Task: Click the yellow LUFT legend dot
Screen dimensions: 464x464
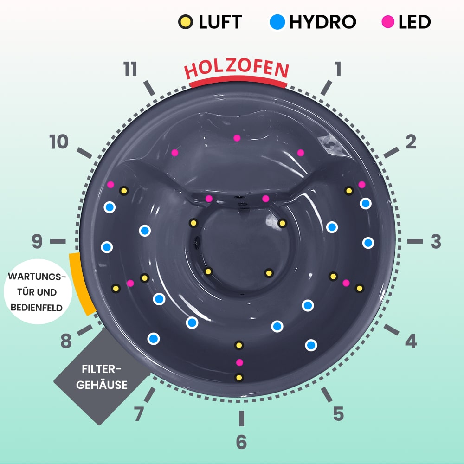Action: (x=186, y=22)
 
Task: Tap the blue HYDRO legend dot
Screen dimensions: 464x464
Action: (x=277, y=22)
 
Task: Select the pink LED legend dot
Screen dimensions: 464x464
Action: (x=388, y=22)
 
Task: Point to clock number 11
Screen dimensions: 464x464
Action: (x=130, y=69)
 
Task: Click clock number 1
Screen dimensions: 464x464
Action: (x=338, y=69)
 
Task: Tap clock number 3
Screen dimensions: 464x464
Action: (x=436, y=241)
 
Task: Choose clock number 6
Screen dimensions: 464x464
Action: (x=241, y=442)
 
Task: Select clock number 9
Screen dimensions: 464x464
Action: (x=37, y=241)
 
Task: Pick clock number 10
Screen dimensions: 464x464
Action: (x=59, y=142)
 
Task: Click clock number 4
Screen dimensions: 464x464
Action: (x=411, y=341)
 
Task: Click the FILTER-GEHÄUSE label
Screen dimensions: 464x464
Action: (x=102, y=377)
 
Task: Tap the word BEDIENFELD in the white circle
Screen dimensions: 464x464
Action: (x=36, y=308)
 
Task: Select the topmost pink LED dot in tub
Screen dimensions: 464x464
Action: (x=237, y=138)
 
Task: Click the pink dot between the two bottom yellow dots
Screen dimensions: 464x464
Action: (x=239, y=362)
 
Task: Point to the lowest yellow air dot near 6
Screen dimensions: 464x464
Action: (x=239, y=378)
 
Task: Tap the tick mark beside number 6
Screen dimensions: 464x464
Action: (x=241, y=419)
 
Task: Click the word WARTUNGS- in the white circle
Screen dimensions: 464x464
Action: (x=37, y=277)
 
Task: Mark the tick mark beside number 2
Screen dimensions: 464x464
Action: (x=391, y=153)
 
